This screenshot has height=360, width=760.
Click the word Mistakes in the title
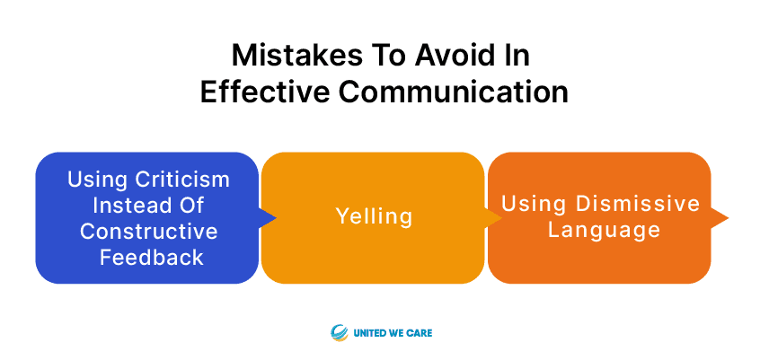[x=296, y=55]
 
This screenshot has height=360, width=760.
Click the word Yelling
[x=374, y=215]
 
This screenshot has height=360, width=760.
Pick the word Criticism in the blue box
[x=182, y=180]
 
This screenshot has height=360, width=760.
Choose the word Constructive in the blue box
[x=149, y=231]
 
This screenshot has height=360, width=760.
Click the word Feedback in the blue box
[x=151, y=258]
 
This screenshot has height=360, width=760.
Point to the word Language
[x=604, y=230]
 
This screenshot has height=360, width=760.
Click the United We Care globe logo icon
[x=340, y=333]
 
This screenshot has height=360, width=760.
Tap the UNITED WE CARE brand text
[x=393, y=333]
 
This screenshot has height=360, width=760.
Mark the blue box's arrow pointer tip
[x=277, y=217]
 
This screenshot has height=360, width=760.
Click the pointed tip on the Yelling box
[x=503, y=217]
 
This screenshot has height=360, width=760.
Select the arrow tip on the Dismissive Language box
[x=729, y=217]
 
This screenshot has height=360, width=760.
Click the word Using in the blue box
[x=97, y=180]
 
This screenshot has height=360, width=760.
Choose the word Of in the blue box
[x=189, y=206]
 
